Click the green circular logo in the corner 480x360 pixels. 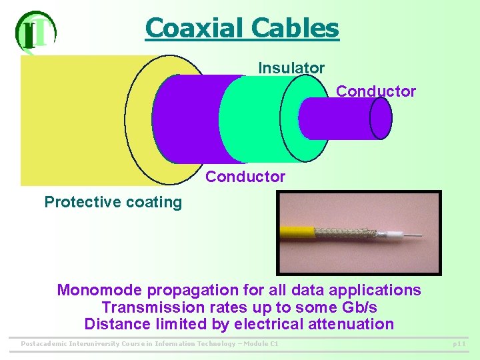pos(35,31)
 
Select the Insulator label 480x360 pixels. pos(291,68)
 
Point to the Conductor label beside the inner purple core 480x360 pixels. pos(376,91)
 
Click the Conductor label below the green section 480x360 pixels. pos(245,177)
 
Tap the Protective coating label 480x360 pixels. pos(113,202)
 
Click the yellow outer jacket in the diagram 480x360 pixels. pos(73,120)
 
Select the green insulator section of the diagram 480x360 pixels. pos(257,120)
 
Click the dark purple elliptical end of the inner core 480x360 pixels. pos(381,119)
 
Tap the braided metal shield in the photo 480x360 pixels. pos(347,233)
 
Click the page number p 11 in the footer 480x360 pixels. pos(459,344)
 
